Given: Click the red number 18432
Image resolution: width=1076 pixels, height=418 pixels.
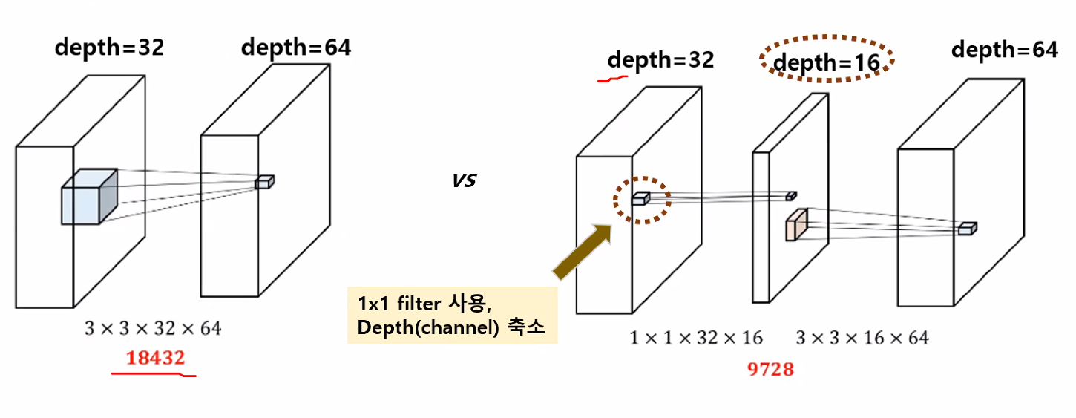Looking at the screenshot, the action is (155, 358).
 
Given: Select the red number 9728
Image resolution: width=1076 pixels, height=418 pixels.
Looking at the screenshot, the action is (770, 370).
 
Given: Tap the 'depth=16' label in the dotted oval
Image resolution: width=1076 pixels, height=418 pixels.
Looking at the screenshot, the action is (826, 62).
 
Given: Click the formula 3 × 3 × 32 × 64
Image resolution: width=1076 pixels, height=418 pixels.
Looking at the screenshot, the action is (153, 329).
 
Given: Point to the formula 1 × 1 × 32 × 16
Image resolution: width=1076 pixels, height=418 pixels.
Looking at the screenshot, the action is (696, 338).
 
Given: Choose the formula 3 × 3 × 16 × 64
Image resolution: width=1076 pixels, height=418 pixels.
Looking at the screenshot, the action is (862, 338).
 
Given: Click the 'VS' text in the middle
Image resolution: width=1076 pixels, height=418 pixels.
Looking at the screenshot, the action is (464, 180).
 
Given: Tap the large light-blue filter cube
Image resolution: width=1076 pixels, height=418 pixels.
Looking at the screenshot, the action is (89, 197).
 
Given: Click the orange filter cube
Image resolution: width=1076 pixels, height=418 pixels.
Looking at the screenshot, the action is (796, 225).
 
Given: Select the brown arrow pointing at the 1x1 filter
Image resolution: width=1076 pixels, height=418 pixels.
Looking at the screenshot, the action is (583, 252).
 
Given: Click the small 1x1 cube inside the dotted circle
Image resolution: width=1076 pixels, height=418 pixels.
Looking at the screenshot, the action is (641, 198).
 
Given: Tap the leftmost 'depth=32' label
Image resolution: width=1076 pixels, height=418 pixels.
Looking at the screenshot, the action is (110, 48).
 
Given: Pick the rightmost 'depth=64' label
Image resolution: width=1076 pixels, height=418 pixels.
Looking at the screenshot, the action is (1005, 50).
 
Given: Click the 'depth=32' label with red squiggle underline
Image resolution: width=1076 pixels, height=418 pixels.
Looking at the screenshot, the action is (660, 60).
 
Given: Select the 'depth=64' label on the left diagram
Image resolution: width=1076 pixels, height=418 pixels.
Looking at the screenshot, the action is (296, 48).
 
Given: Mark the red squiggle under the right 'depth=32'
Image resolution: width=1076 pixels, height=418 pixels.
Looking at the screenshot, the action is (612, 79).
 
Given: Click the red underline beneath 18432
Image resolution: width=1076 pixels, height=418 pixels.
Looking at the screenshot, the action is (154, 373).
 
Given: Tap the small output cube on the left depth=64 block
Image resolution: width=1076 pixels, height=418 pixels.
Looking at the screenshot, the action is (264, 182).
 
